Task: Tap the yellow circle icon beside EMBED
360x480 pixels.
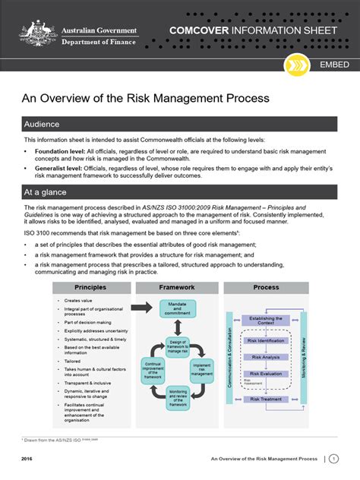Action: coord(293,65)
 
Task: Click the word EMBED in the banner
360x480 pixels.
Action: coord(334,65)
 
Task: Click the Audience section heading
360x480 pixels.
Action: coord(43,124)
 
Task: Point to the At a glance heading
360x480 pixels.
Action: coord(46,193)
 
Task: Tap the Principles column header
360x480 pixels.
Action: coord(90,288)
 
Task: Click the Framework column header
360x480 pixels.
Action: coord(176,288)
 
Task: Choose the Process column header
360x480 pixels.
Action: coord(266,288)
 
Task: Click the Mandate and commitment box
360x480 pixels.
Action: coord(176,308)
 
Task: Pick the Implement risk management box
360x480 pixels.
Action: coord(202,368)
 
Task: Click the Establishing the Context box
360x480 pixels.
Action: coord(266,321)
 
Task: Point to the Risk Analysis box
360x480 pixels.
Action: coord(266,356)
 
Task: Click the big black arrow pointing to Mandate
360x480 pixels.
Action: coord(141,307)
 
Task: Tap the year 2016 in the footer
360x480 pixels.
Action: coord(27,459)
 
